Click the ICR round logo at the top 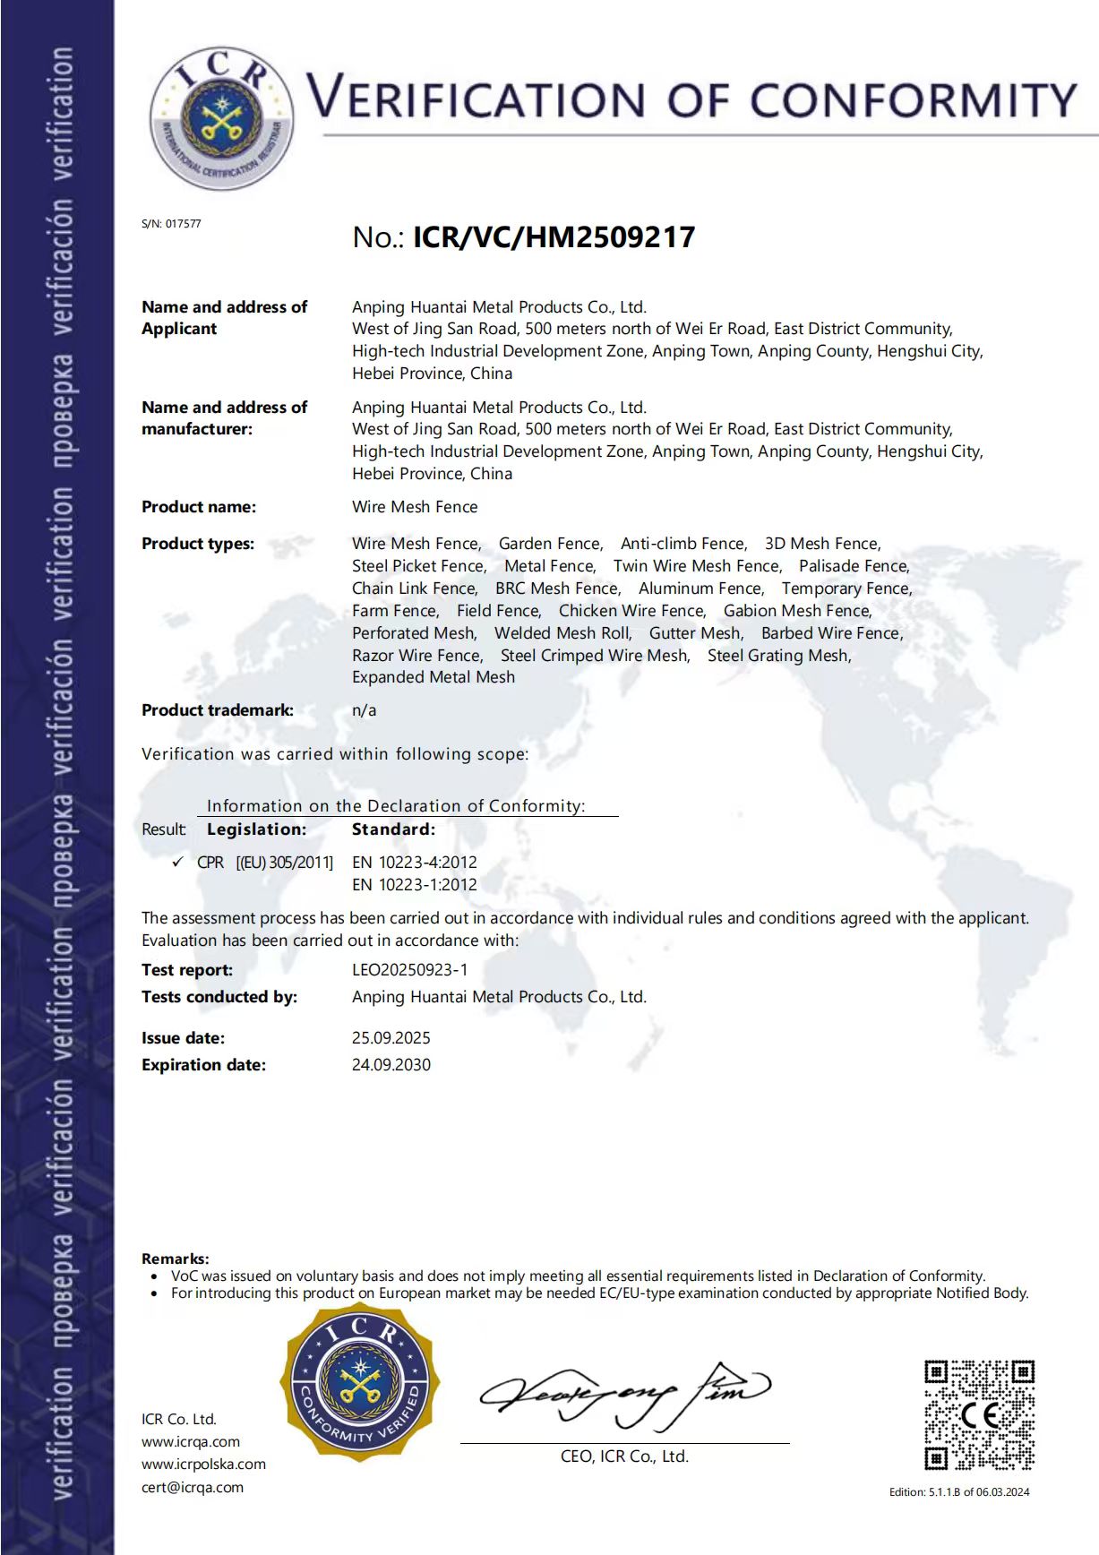(x=221, y=118)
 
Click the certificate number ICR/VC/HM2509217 (x=554, y=237)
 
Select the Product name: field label (x=199, y=507)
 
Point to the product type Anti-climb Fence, (x=683, y=544)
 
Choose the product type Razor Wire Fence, (x=417, y=656)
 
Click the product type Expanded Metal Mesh (x=434, y=678)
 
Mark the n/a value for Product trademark (x=364, y=710)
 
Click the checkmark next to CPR (x=177, y=862)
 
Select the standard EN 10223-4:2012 (x=415, y=863)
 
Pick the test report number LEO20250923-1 (x=409, y=970)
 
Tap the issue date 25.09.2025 (x=391, y=1038)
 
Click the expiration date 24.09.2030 (x=391, y=1065)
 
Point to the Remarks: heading (x=176, y=1259)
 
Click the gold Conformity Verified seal (x=360, y=1384)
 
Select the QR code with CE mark (x=979, y=1414)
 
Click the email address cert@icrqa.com (x=193, y=1487)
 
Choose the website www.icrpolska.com (x=203, y=1465)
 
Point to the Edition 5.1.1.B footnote (x=959, y=1491)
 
